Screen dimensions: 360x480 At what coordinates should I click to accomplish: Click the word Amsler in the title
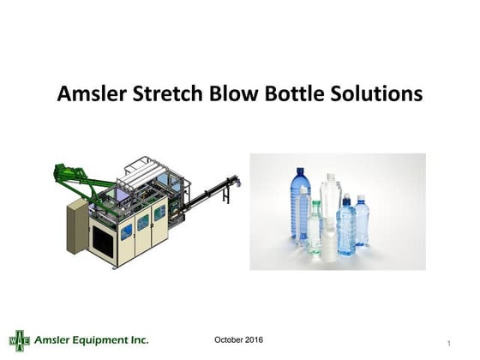[89, 93]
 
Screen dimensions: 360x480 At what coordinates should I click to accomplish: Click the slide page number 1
[449, 344]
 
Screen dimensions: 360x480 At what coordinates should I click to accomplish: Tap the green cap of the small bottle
[315, 204]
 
